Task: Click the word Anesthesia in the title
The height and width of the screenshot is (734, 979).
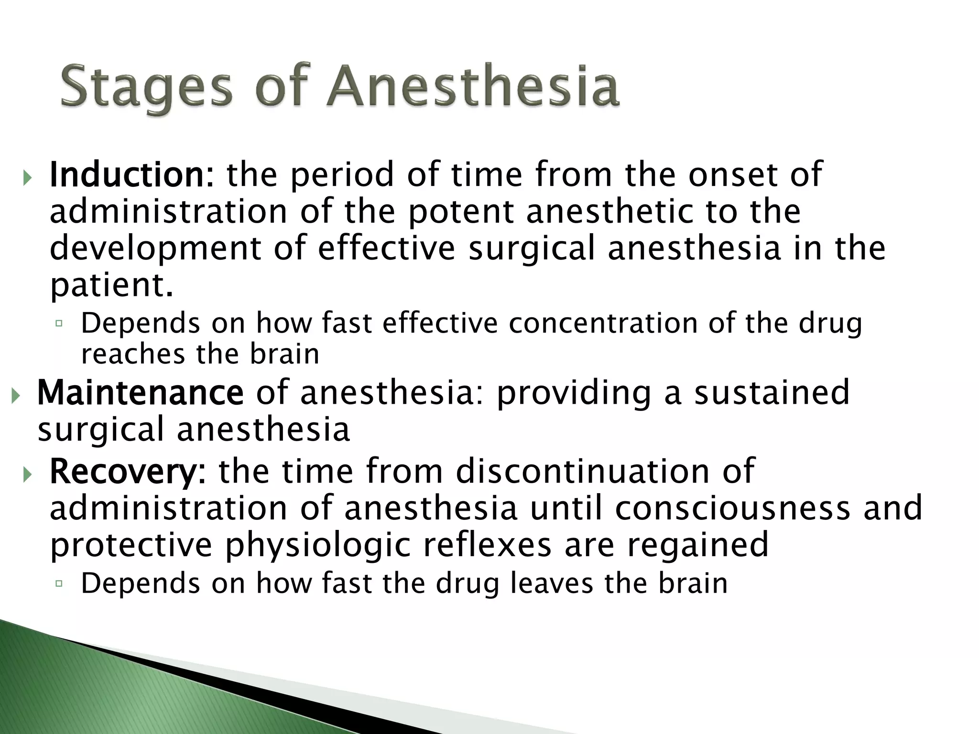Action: tap(473, 87)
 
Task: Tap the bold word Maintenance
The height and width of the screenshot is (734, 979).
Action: tap(141, 392)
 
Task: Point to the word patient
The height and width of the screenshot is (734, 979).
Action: tap(110, 285)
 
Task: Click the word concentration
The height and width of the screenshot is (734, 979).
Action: tap(602, 324)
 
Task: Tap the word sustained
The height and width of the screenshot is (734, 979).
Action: tap(772, 392)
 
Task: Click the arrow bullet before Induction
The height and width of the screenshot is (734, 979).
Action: tap(27, 179)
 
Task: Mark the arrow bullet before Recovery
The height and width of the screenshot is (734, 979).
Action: tap(27, 475)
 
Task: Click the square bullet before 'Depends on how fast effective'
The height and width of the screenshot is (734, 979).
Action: tap(59, 324)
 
